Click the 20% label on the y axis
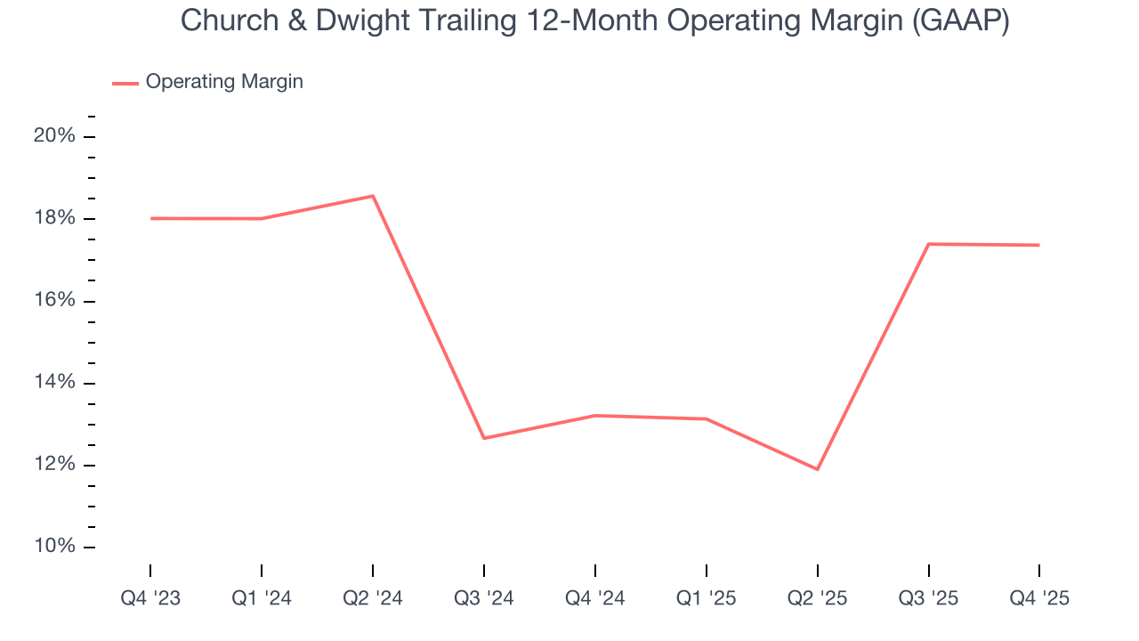tap(54, 136)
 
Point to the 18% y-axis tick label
tap(54, 219)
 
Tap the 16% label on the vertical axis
tap(54, 301)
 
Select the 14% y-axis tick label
tap(54, 383)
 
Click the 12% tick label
tap(54, 465)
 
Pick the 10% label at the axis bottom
tap(54, 547)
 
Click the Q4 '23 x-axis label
tap(150, 599)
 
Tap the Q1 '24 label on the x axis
tap(262, 599)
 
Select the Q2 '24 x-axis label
tap(373, 599)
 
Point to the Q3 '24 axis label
tap(484, 599)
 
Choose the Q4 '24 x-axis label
tap(594, 599)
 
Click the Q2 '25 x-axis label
tap(817, 599)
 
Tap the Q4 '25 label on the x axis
tap(1038, 599)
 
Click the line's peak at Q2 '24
tap(373, 196)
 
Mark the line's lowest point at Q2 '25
tap(817, 469)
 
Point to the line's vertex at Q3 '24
tap(484, 438)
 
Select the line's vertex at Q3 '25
tap(928, 244)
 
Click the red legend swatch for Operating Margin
tap(125, 83)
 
